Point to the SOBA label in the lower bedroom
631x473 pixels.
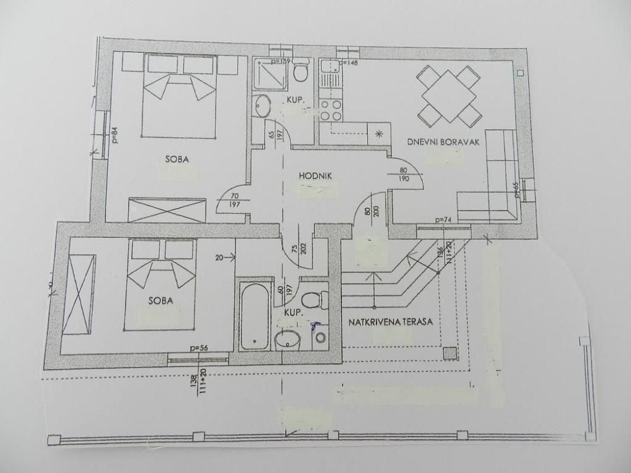click(161, 300)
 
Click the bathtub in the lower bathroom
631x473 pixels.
click(254, 315)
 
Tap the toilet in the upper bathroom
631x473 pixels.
click(300, 71)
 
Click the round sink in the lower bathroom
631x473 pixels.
click(288, 339)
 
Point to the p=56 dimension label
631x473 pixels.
click(198, 347)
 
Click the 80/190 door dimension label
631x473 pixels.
click(404, 175)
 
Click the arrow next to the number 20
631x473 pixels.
click(230, 257)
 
